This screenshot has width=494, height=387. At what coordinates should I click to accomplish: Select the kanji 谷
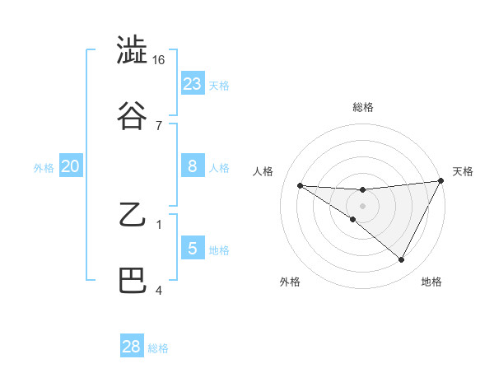(132, 116)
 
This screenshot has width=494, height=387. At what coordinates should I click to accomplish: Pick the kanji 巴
(132, 281)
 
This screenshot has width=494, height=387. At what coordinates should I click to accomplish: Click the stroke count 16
(159, 61)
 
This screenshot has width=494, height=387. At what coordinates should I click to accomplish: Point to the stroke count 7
(159, 125)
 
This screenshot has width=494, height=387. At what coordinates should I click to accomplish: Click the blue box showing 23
(193, 83)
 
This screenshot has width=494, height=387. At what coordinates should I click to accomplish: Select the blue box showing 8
(193, 166)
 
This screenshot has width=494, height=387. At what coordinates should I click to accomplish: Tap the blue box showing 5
(193, 248)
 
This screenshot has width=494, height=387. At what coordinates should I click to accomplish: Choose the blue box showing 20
(71, 166)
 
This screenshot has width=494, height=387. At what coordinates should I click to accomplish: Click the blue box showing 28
(132, 347)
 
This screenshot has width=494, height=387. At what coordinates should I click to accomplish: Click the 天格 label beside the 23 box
(219, 85)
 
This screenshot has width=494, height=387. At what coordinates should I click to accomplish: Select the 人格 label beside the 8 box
(219, 168)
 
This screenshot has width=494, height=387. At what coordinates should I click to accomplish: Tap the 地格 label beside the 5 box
(219, 249)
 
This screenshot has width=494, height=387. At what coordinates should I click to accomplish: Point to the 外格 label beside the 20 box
(44, 168)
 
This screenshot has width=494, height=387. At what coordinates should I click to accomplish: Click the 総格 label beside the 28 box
(158, 348)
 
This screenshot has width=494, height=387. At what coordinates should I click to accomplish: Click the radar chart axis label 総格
(362, 107)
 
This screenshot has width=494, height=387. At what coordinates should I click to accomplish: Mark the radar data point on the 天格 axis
(440, 181)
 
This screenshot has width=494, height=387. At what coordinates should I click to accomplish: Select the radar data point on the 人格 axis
(300, 185)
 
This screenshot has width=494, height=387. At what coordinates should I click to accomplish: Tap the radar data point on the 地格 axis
(402, 260)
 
